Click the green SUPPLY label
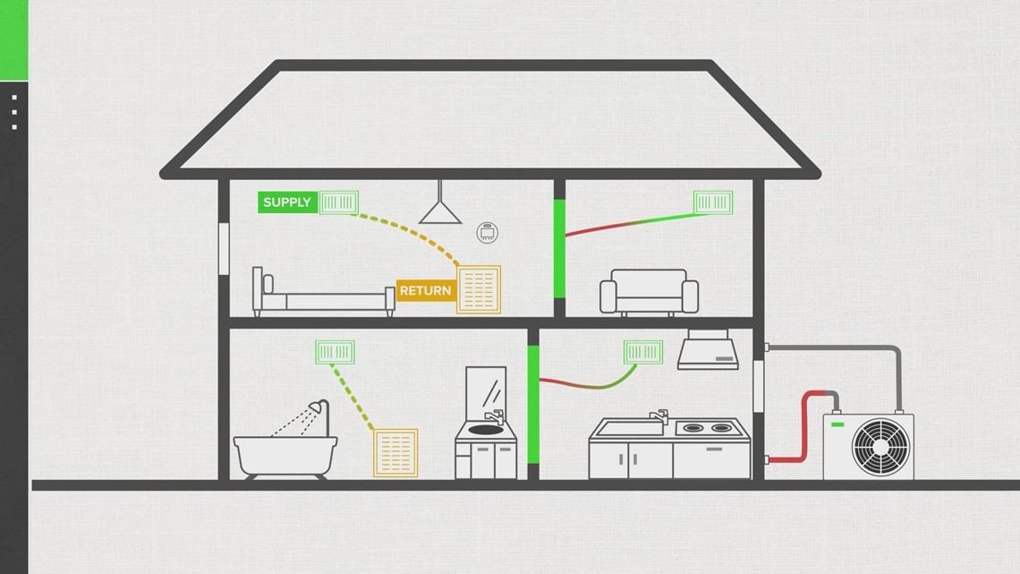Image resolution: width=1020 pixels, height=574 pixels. [x=287, y=202]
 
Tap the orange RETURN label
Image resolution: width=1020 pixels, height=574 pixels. [x=425, y=291]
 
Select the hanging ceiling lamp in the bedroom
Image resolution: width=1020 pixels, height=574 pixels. [x=440, y=210]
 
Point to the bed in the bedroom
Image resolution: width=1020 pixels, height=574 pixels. [x=322, y=296]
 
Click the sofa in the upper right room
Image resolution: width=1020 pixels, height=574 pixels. [x=649, y=291]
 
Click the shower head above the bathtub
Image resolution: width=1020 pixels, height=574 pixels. [x=315, y=409]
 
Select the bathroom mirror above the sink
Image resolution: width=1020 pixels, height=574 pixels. [x=485, y=390]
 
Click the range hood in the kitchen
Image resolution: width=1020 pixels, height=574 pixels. [x=708, y=352]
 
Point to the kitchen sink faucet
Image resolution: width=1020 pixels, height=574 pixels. [x=659, y=416]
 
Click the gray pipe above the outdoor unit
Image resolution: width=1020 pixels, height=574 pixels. [x=859, y=348]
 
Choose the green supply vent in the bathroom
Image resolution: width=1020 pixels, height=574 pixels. [x=336, y=352]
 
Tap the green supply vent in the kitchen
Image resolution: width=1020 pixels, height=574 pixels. [x=644, y=352]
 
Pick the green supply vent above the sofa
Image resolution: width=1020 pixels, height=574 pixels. [x=713, y=201]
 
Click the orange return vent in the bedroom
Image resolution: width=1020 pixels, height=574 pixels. [x=479, y=289]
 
